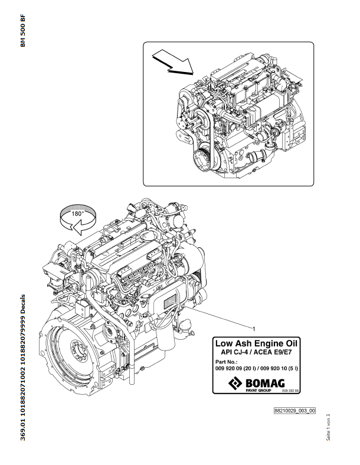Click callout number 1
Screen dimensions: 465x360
[x=253, y=328]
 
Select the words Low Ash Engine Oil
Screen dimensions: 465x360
[x=257, y=343]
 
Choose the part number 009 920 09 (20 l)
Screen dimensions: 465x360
[x=235, y=368]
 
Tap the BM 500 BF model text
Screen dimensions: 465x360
[x=22, y=40]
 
